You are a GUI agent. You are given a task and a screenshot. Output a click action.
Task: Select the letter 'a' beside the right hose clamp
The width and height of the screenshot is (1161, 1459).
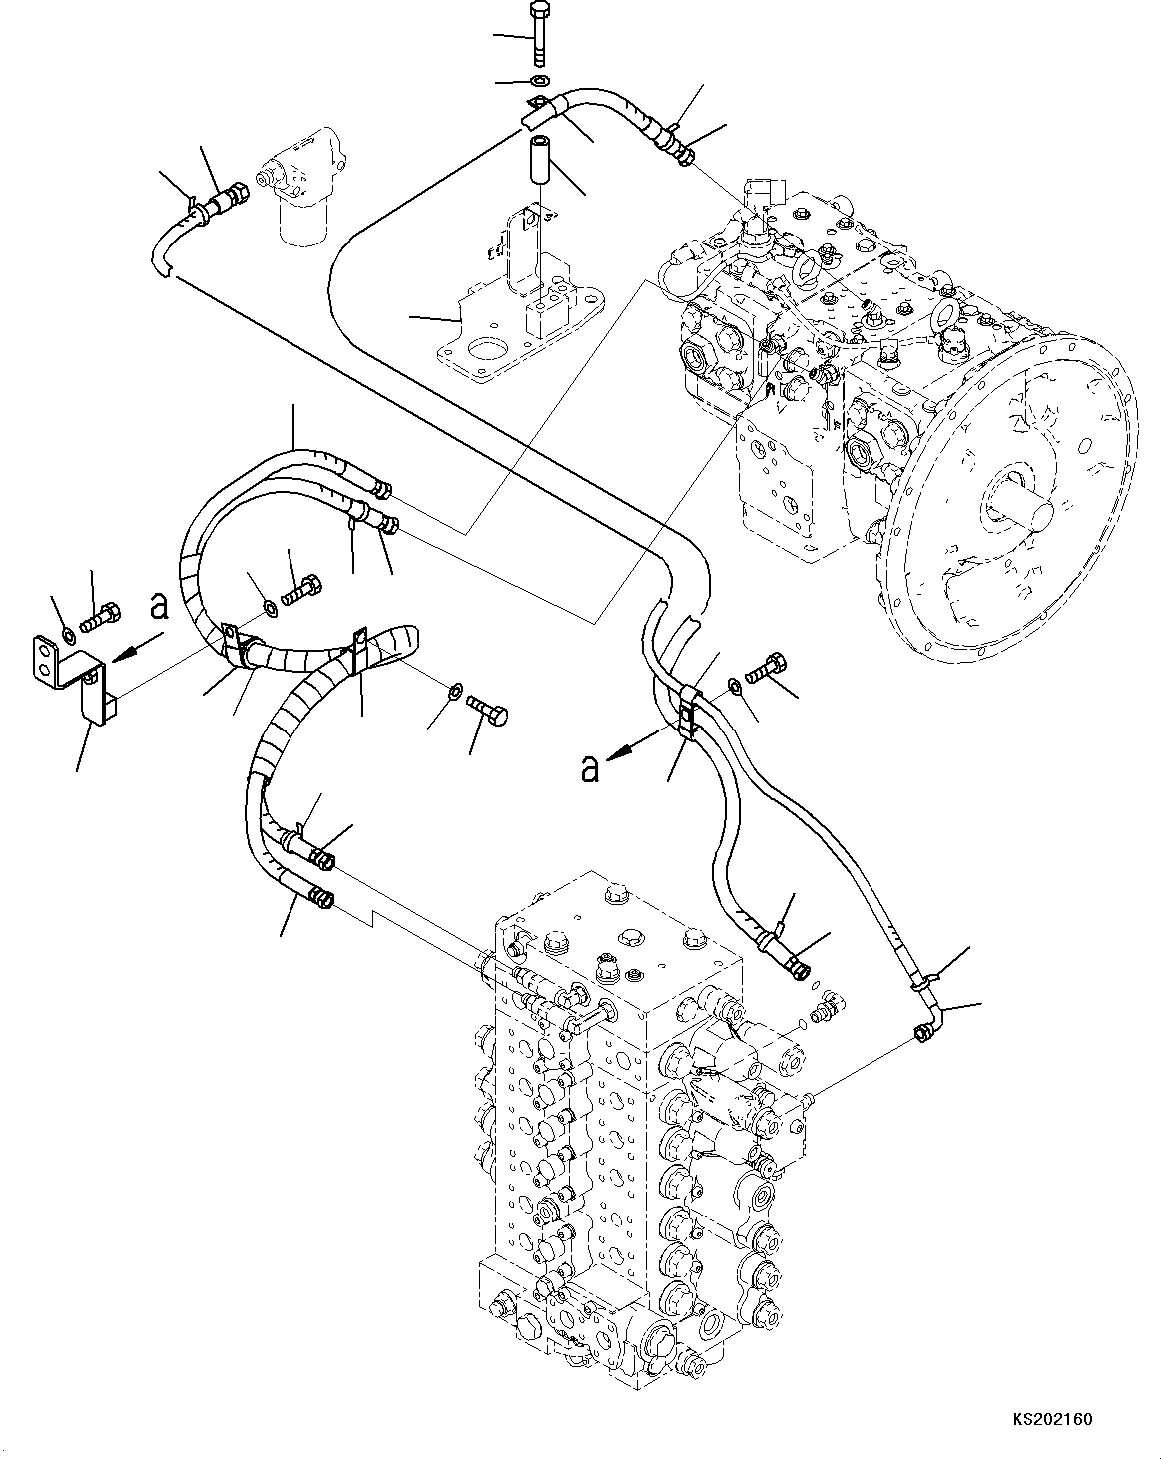[591, 768]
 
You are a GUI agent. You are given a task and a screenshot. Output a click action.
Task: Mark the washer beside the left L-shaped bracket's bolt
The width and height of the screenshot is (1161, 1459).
[67, 634]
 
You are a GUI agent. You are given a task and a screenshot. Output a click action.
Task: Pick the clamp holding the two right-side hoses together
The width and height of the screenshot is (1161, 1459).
[687, 708]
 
